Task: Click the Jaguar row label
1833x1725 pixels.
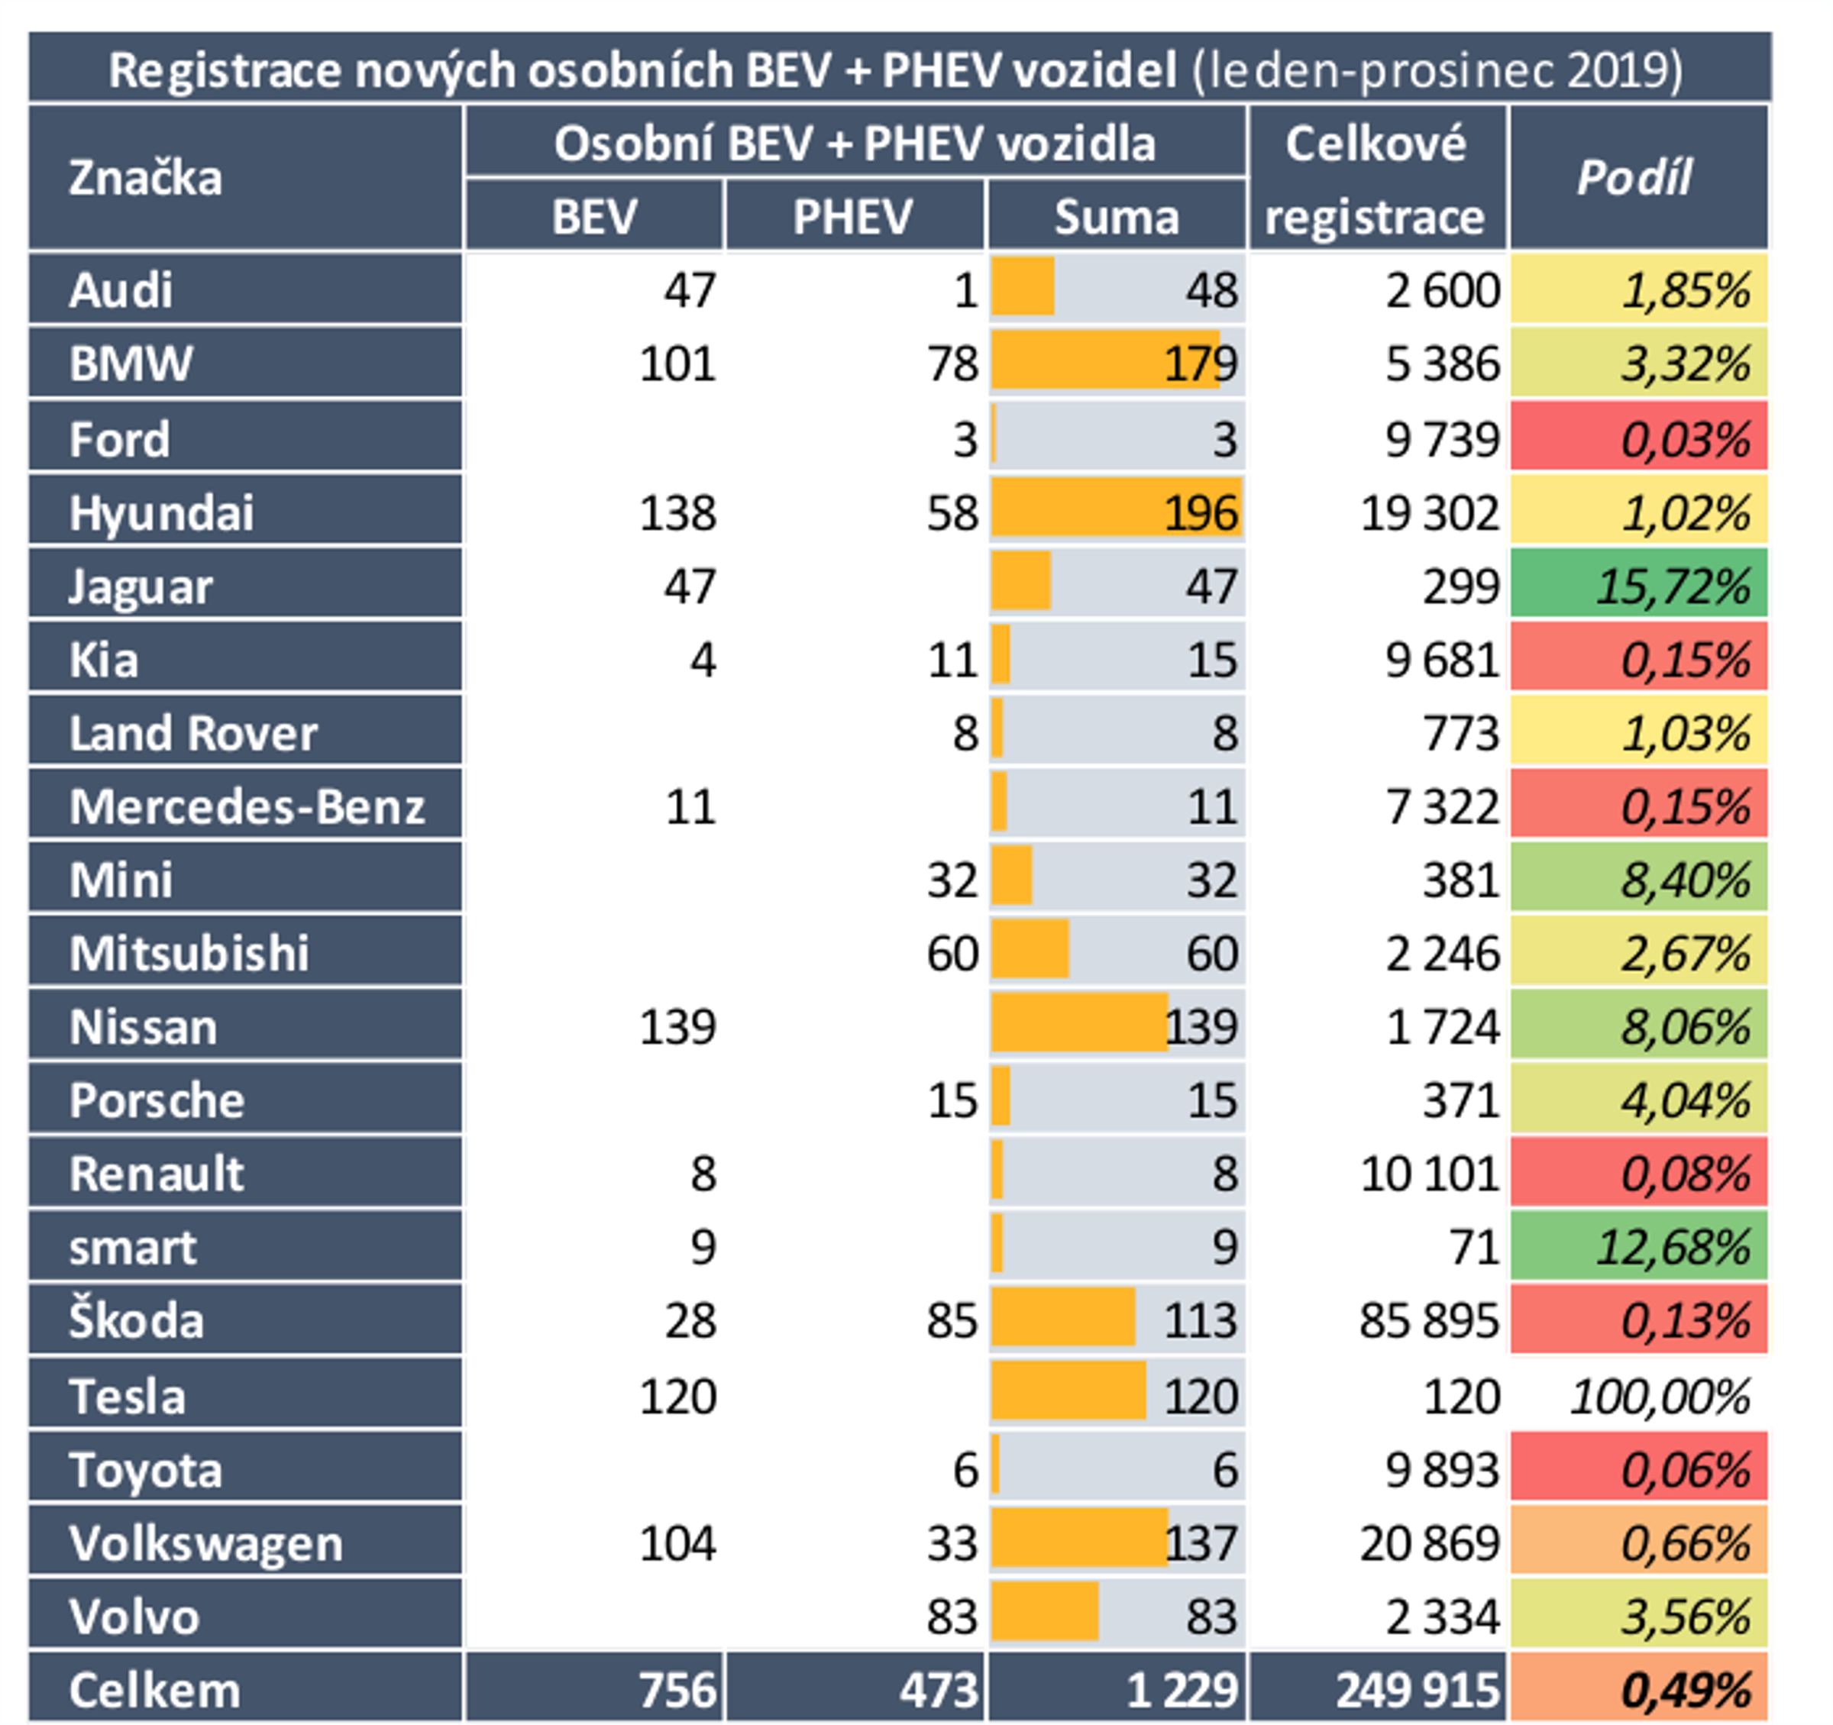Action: coord(141,586)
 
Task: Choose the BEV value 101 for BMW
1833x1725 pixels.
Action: coord(677,364)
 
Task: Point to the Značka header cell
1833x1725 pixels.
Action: coord(145,178)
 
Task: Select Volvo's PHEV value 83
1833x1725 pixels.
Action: coord(952,1617)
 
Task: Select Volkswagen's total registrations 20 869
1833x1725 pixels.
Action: coord(1428,1543)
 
